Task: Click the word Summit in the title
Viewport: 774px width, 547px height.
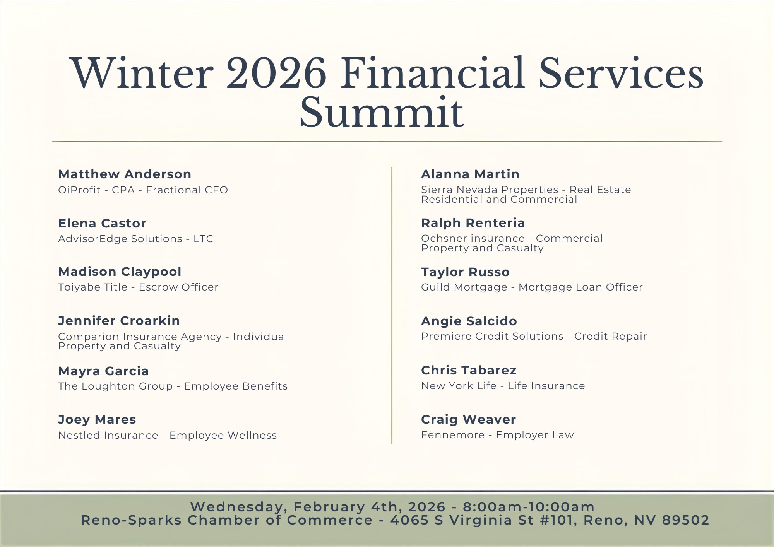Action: [x=382, y=113]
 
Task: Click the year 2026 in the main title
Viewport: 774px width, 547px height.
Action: [x=276, y=74]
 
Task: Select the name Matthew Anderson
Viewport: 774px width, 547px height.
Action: [x=125, y=174]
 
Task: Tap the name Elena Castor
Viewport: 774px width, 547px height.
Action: [x=102, y=223]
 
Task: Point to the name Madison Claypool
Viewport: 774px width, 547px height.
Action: [x=120, y=272]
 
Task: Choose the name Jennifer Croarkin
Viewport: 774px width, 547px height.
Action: [x=119, y=321]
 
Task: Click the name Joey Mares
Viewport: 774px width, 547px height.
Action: [x=97, y=420]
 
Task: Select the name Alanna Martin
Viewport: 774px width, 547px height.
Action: [x=470, y=174]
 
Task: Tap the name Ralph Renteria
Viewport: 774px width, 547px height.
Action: [x=473, y=223]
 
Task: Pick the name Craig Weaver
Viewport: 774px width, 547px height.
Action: [x=468, y=419]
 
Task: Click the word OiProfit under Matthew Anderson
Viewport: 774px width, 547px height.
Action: [x=79, y=190]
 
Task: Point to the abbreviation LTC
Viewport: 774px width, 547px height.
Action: [x=204, y=239]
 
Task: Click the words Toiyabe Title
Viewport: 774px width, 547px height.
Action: [x=92, y=287]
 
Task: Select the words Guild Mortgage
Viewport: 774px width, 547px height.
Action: [x=464, y=287]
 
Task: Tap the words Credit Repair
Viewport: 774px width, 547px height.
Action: [x=610, y=336]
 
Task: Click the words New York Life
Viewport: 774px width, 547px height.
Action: [x=459, y=386]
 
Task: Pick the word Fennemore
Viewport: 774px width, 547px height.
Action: [x=453, y=435]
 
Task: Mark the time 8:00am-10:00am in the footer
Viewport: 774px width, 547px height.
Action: [x=529, y=507]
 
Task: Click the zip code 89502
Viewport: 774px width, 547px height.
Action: [x=685, y=520]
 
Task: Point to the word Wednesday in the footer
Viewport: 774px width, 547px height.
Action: [x=239, y=507]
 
